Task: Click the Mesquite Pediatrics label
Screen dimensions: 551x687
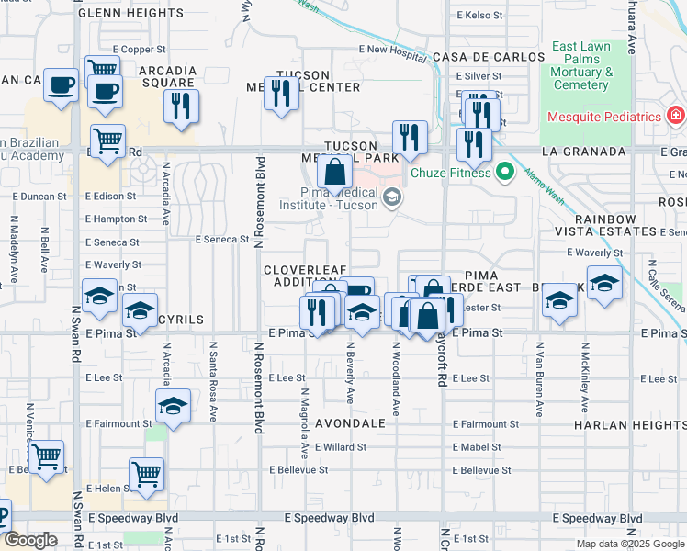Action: click(604, 117)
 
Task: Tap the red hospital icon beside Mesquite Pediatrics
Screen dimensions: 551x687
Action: click(676, 117)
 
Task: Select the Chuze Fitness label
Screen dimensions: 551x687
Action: click(450, 172)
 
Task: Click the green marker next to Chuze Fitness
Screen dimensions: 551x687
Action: click(504, 172)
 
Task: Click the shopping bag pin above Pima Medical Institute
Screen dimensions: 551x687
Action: click(335, 170)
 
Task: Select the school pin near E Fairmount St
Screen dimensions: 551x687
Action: click(172, 404)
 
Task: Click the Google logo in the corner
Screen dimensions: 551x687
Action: click(30, 540)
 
